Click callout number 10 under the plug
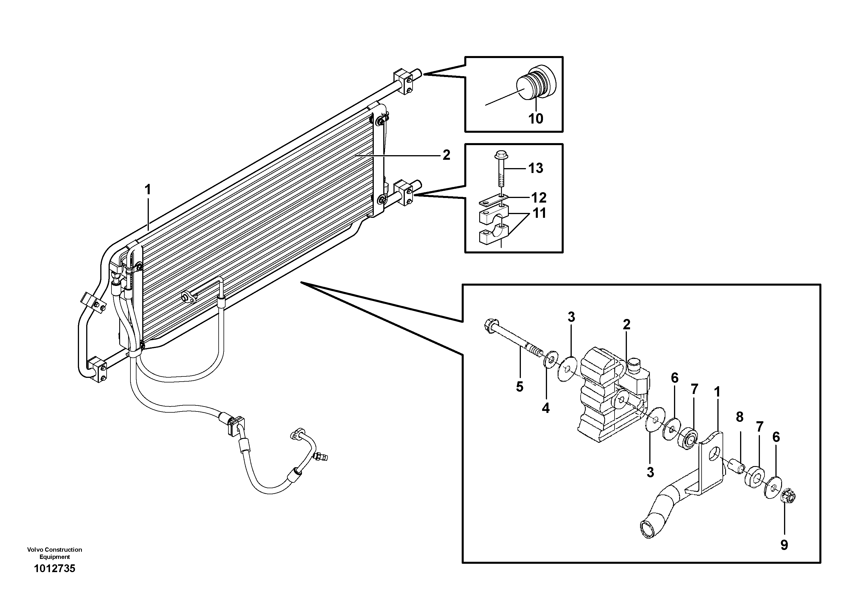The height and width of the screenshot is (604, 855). coord(536,119)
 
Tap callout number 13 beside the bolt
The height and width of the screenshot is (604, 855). coord(536,168)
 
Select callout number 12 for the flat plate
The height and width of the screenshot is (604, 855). coord(538,198)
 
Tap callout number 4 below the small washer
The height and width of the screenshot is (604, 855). coord(546,409)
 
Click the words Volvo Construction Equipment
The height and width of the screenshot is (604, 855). coord(54,553)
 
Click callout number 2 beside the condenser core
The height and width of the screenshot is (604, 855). coord(446,155)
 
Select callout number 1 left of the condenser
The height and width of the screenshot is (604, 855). coord(148,190)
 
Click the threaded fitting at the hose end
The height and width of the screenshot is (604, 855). coord(321,456)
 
